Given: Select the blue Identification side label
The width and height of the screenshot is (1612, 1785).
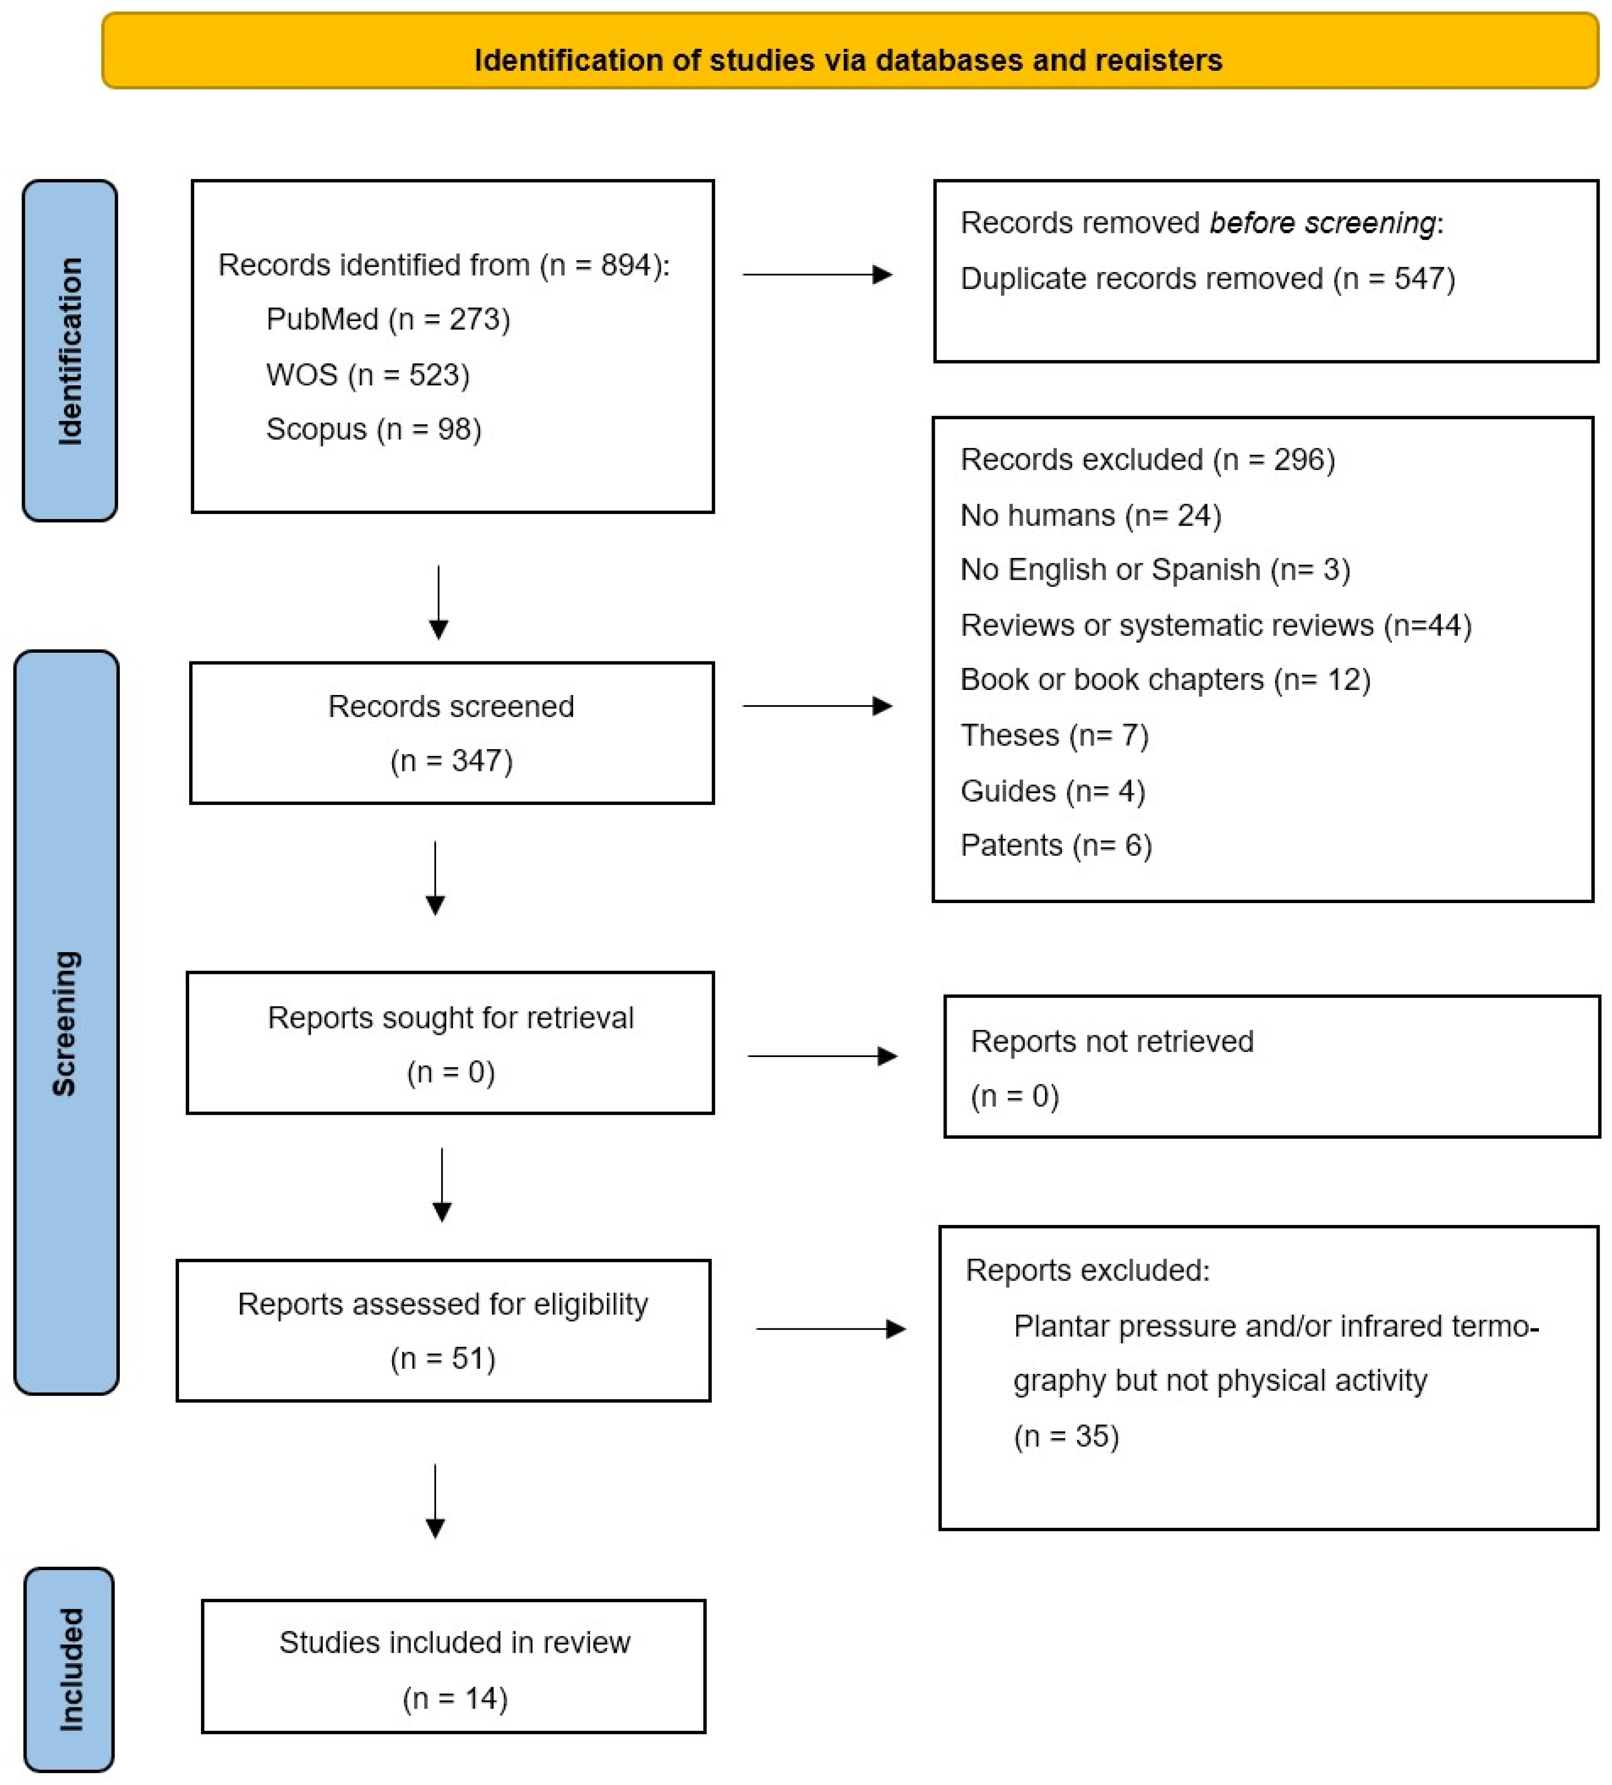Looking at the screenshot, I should [x=70, y=350].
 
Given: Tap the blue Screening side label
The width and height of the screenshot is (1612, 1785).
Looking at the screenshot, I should [x=67, y=1022].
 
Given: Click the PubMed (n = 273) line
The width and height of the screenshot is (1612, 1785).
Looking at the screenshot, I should [x=388, y=320].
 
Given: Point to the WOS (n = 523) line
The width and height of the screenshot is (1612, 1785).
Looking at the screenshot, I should [x=367, y=374].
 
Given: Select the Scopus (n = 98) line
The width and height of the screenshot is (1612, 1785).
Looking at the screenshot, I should [x=374, y=429].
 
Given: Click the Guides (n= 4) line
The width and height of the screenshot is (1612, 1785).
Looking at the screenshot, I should [x=1052, y=791].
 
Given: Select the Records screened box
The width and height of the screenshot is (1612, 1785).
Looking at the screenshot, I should [x=451, y=733].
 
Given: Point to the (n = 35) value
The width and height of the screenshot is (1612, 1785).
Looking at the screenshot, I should [x=1066, y=1436].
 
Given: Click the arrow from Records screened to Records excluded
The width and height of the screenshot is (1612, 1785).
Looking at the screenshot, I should [x=816, y=706].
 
